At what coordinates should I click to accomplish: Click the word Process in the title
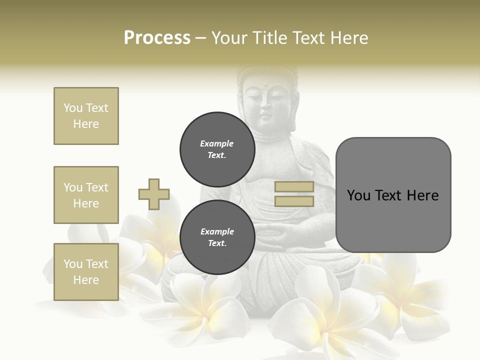[157, 38]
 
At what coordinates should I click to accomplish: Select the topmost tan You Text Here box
[86, 116]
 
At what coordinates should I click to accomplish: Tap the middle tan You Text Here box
[86, 195]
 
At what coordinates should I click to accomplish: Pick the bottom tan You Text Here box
[86, 272]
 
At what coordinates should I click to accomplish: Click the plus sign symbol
[154, 194]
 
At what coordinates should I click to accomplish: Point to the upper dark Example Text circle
[217, 149]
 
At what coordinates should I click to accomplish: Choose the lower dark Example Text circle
[217, 237]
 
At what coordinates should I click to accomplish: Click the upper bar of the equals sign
[294, 187]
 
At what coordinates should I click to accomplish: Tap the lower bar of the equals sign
[294, 201]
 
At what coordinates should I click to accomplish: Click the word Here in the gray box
[422, 195]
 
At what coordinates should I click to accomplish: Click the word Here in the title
[348, 38]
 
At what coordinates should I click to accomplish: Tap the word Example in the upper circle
[216, 143]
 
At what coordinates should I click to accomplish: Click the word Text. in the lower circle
[217, 243]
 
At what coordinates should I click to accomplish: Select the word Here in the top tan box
[86, 124]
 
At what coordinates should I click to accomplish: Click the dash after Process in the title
[200, 38]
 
